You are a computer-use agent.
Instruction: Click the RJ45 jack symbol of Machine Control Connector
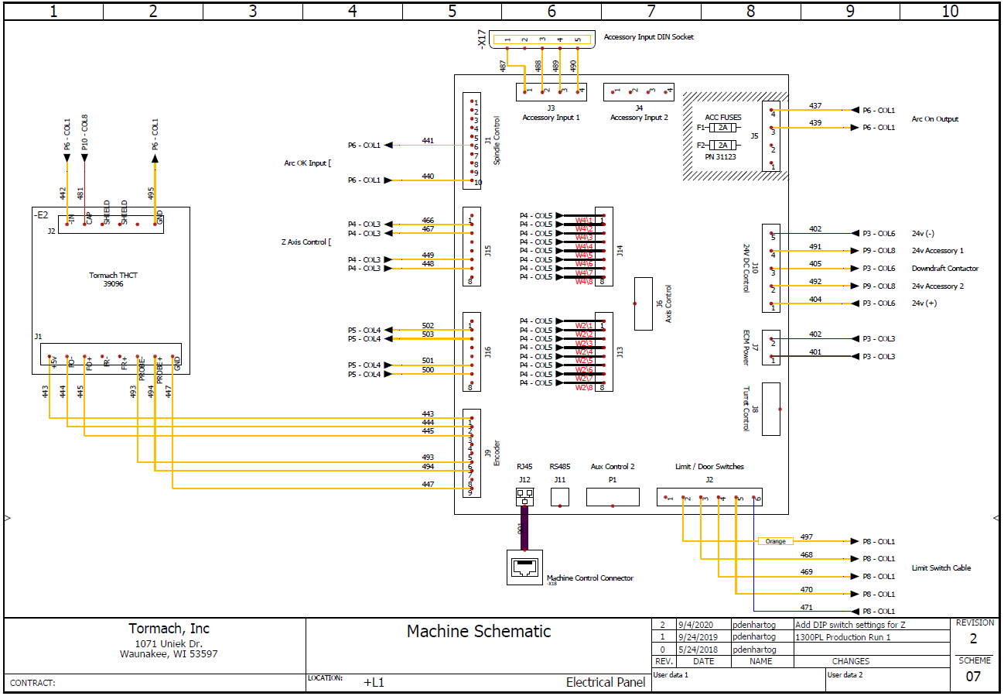point(525,567)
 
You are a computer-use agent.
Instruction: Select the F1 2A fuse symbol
point(723,128)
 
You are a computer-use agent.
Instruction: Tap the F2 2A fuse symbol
point(723,145)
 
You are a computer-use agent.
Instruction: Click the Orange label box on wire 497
point(776,541)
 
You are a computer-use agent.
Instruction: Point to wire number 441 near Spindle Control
point(428,141)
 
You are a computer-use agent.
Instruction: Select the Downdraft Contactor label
point(944,269)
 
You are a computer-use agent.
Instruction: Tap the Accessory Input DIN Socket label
point(648,37)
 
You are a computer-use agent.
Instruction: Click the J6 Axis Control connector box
point(643,303)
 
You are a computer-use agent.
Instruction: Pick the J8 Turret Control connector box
point(771,409)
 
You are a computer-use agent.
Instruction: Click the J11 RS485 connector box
point(560,497)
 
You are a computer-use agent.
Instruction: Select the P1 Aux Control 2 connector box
point(613,497)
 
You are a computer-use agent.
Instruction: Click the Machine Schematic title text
point(479,631)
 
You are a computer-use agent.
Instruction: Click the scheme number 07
point(973,677)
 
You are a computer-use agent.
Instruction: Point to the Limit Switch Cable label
point(941,568)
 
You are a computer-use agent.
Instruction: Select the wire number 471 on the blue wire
point(806,608)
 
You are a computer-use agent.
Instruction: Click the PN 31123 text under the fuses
point(720,157)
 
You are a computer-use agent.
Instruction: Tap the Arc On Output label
point(935,119)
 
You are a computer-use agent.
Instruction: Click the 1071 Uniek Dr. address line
point(168,643)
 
